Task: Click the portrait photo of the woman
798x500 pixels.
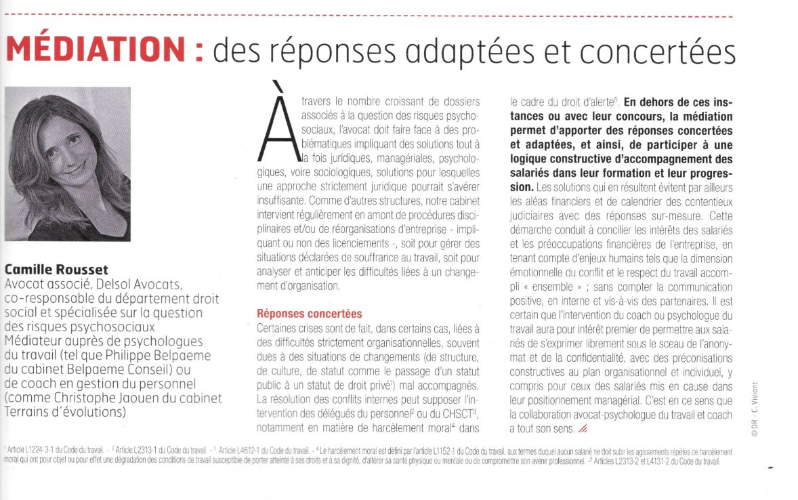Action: point(67,168)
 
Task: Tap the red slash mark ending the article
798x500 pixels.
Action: point(583,428)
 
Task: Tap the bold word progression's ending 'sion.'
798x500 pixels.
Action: point(522,185)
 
